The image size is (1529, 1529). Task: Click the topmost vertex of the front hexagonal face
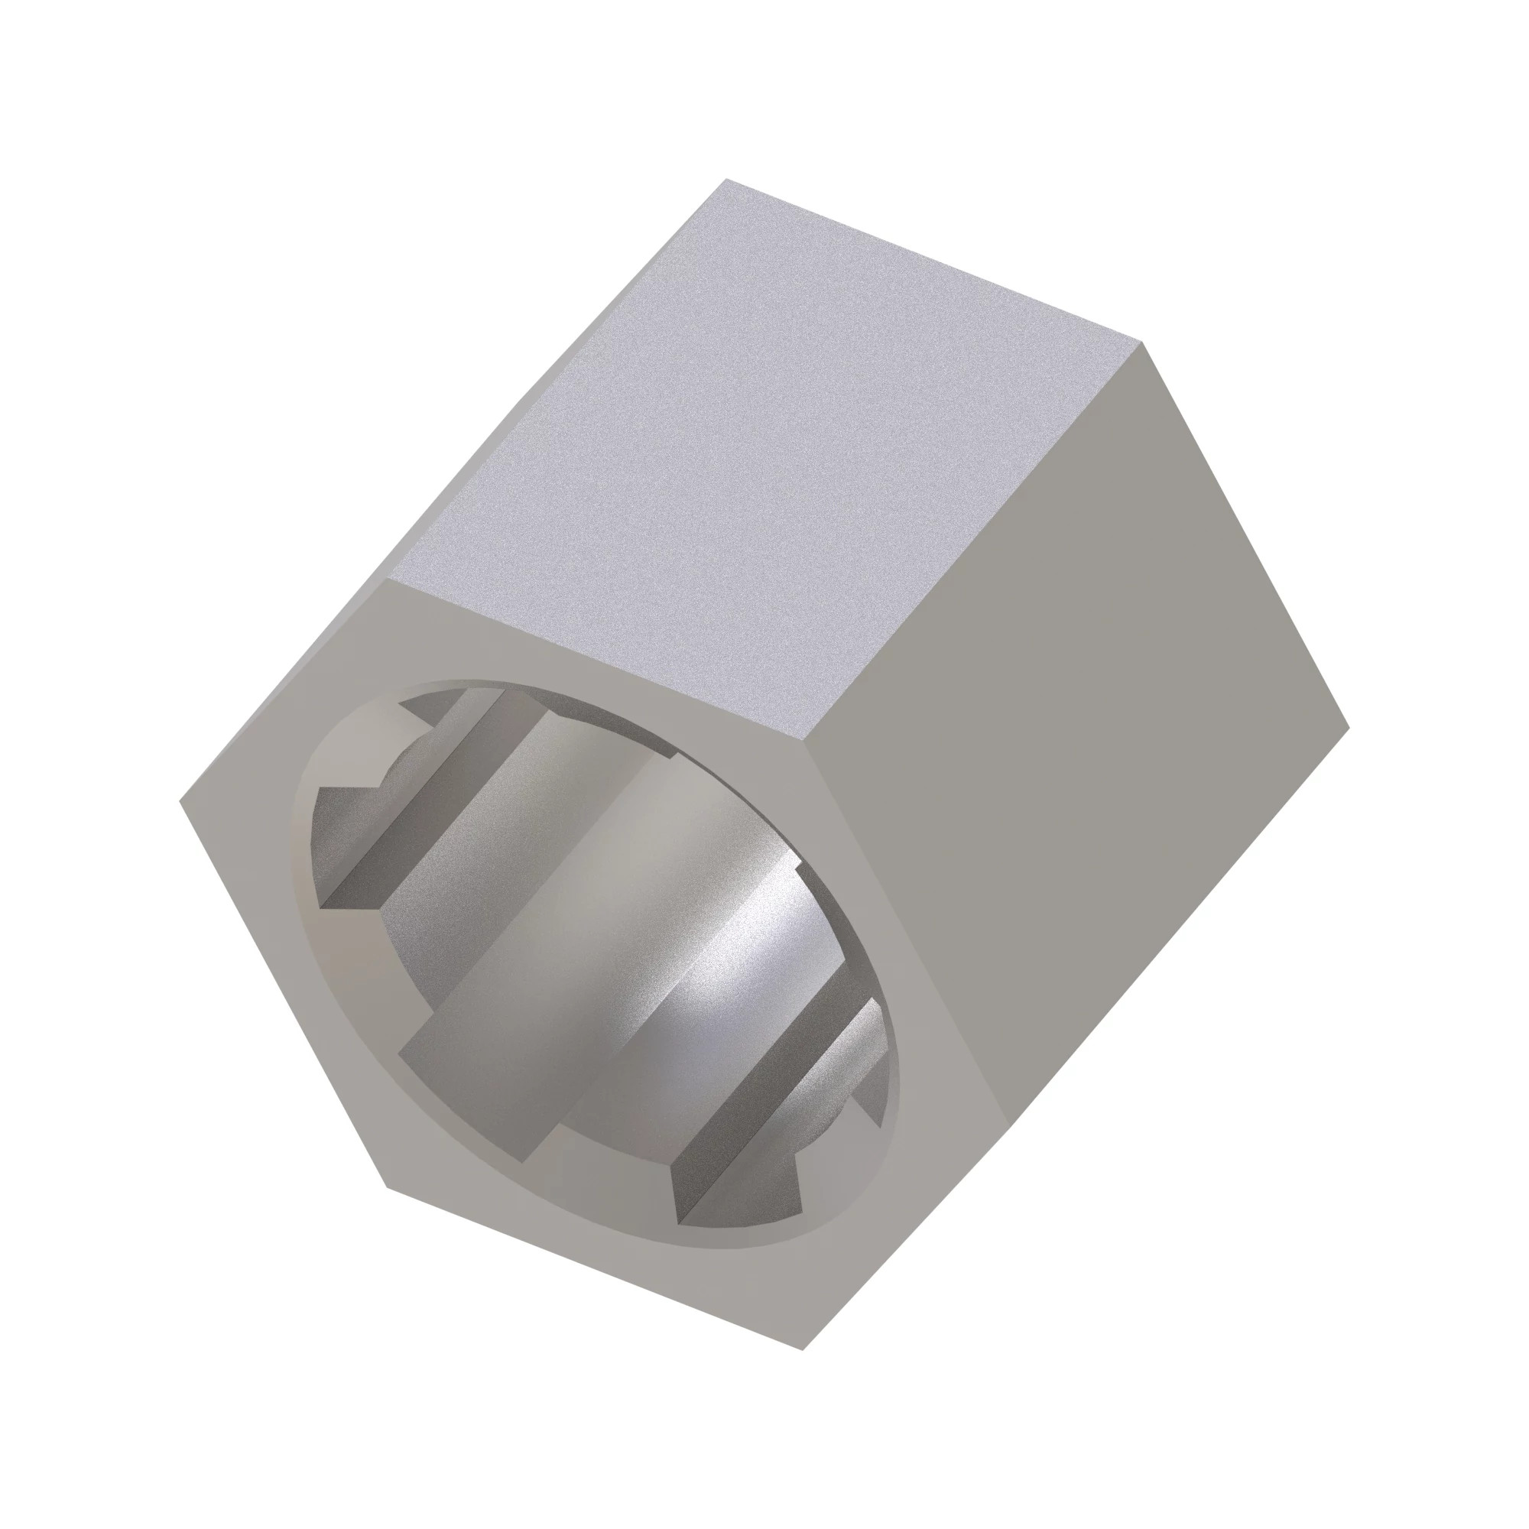[x=387, y=579]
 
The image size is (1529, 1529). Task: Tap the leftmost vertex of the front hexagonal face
[x=180, y=800]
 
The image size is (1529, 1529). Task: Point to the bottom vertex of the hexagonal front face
[x=803, y=1349]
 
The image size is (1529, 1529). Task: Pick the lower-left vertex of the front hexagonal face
[x=387, y=1186]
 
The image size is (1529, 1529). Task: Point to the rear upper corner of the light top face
[x=726, y=180]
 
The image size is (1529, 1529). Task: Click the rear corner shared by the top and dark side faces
[x=1142, y=342]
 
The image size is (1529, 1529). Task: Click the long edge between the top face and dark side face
[x=982, y=538]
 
